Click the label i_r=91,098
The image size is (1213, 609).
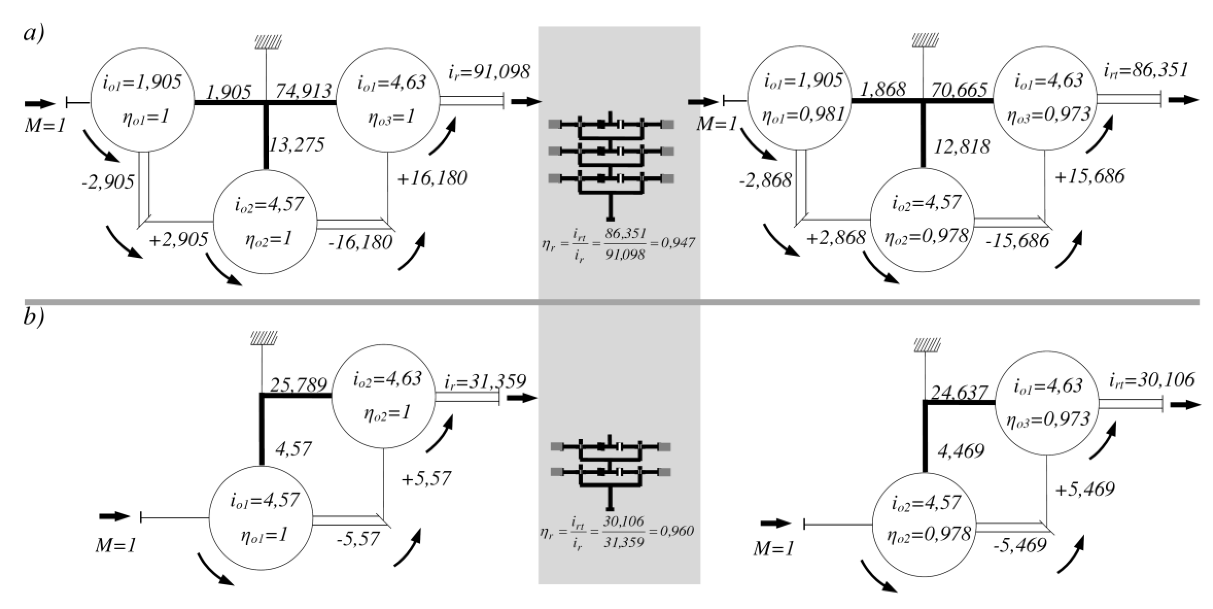pyautogui.click(x=489, y=72)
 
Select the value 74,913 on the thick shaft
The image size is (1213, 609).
pyautogui.click(x=304, y=91)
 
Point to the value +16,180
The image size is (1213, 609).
pyautogui.click(x=432, y=178)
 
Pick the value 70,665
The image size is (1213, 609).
pyautogui.click(x=959, y=90)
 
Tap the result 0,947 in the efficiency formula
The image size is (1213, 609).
pyautogui.click(x=678, y=243)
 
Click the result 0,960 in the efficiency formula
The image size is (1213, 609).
pyautogui.click(x=677, y=531)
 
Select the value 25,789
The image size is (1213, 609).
pyautogui.click(x=298, y=385)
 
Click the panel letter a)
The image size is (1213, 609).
pyautogui.click(x=34, y=34)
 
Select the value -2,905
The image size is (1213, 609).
pyautogui.click(x=108, y=182)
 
